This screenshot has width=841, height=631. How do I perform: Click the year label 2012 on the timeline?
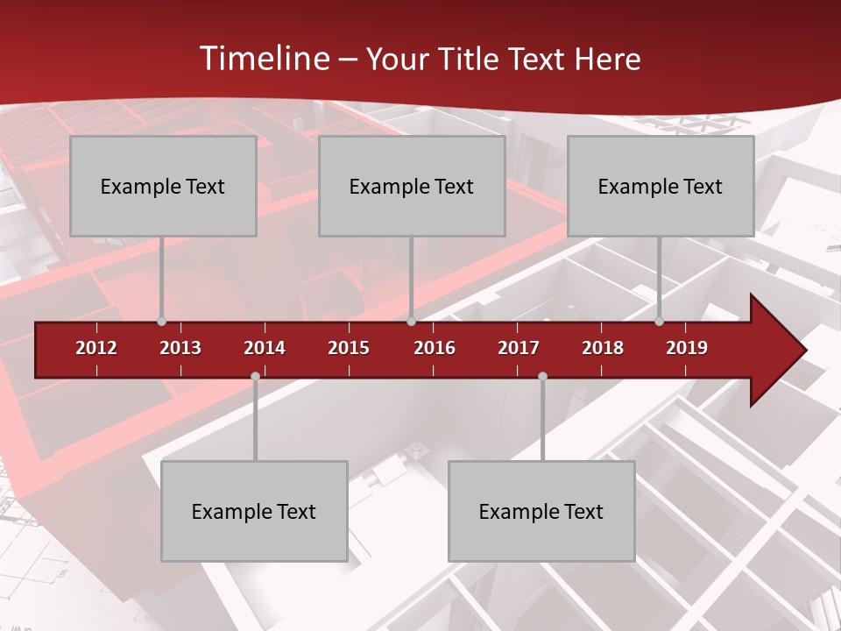[x=96, y=348]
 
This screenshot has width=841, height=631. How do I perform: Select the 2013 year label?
[x=180, y=348]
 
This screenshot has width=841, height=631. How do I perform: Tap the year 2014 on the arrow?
[x=265, y=348]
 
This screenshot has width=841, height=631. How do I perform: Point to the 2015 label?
[x=349, y=348]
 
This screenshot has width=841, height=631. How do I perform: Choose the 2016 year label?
[x=435, y=348]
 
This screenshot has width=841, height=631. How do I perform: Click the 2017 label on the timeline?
[x=519, y=348]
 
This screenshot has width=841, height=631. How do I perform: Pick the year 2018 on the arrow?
[x=603, y=348]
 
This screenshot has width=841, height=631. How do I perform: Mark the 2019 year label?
[x=687, y=348]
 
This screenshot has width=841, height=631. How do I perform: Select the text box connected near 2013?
[x=163, y=186]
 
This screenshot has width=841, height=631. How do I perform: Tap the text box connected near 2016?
[x=412, y=186]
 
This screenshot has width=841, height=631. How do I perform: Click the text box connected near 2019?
[x=661, y=186]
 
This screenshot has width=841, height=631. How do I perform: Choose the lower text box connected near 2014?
[x=254, y=511]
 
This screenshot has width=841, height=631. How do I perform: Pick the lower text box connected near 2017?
[x=541, y=511]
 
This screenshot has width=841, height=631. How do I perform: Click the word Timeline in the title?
[x=263, y=59]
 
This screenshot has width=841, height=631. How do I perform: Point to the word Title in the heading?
[x=472, y=59]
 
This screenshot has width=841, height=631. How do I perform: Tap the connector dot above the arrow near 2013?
[x=161, y=321]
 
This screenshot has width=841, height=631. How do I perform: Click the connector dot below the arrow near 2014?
[x=255, y=377]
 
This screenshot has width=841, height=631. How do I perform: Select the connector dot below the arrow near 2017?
[x=542, y=377]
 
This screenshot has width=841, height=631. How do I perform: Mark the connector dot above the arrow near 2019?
[x=659, y=321]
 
